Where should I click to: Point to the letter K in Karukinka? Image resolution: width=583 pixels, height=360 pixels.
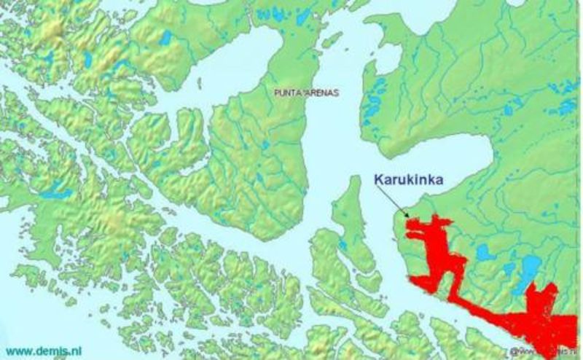tap(378, 176)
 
